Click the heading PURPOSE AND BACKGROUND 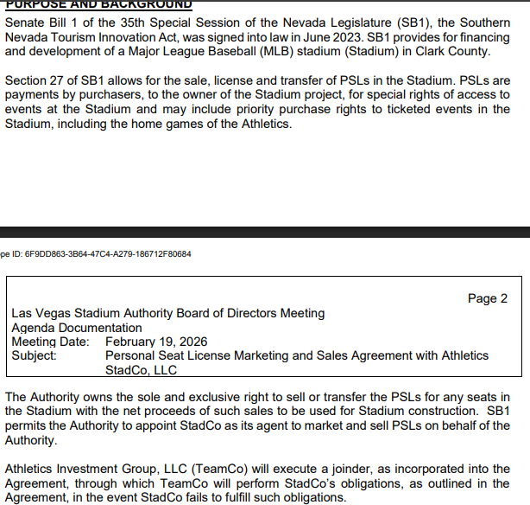98,4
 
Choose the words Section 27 34,81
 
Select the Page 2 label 487,298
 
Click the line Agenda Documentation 76,328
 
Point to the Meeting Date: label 50,342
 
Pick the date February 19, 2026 155,342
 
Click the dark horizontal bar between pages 265,231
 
